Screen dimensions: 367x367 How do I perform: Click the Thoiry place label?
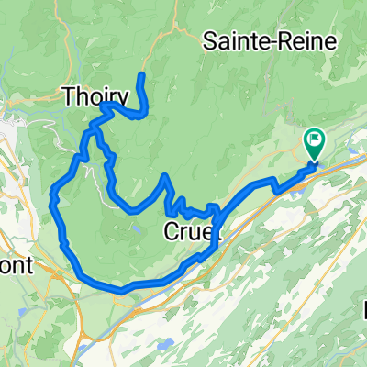click(94, 95)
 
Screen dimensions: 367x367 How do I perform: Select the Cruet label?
click(191, 232)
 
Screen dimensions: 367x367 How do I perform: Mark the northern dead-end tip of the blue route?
click(141, 74)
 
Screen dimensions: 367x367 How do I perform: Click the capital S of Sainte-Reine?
click(209, 41)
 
